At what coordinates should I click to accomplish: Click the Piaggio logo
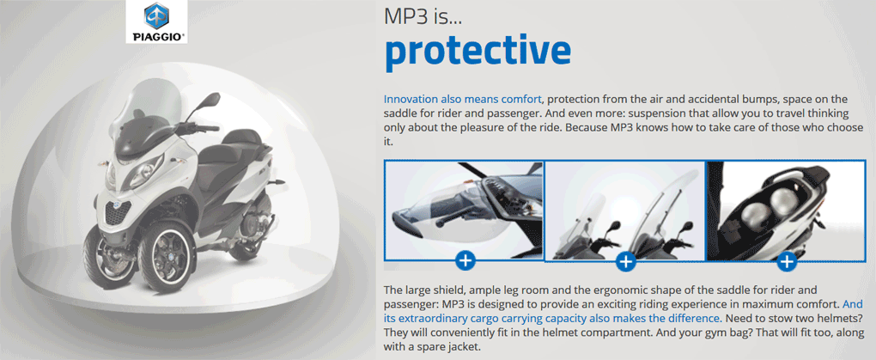click(x=156, y=21)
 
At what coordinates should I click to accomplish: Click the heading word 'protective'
click(x=478, y=52)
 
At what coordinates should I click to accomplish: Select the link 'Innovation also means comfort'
click(x=463, y=100)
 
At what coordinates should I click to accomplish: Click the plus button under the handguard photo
click(x=465, y=260)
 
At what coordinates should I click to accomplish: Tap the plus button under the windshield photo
click(x=626, y=261)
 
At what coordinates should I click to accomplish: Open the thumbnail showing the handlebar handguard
click(x=464, y=211)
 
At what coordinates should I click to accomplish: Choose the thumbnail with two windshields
click(x=625, y=211)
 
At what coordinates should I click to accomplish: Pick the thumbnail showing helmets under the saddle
click(x=790, y=211)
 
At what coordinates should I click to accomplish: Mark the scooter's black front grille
click(x=118, y=212)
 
